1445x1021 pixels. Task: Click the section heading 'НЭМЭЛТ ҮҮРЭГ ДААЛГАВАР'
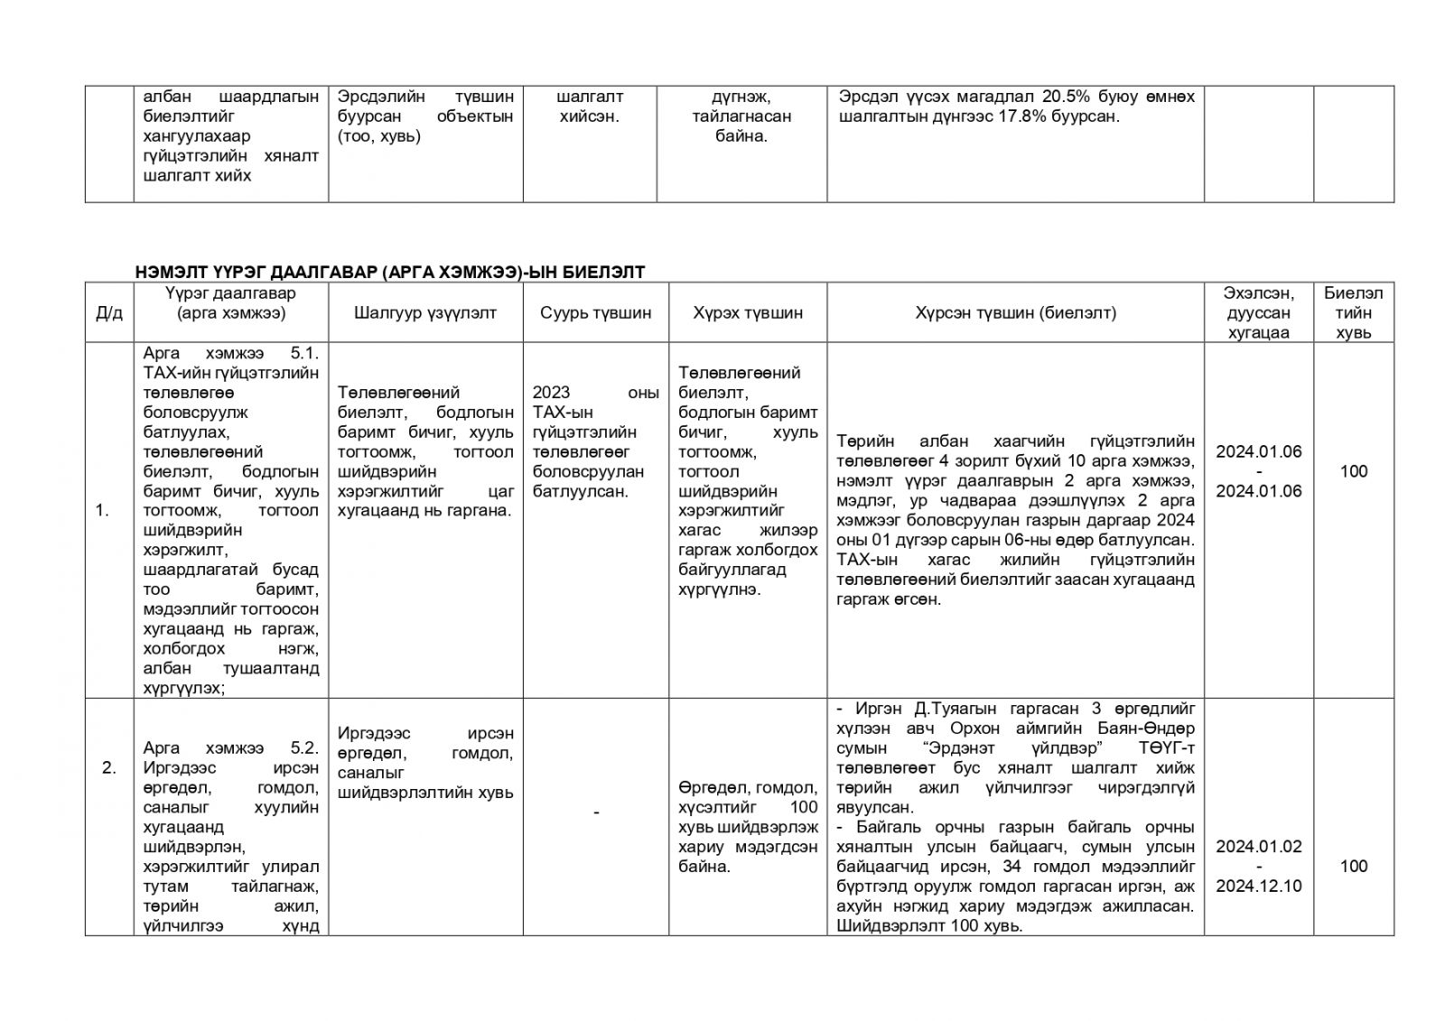tap(390, 272)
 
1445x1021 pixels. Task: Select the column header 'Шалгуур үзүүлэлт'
tap(425, 313)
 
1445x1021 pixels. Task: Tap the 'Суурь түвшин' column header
tap(595, 313)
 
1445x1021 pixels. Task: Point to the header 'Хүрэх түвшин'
tap(748, 313)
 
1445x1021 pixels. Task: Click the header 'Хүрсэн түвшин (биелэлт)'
tap(1015, 313)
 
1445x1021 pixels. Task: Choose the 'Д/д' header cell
tap(108, 313)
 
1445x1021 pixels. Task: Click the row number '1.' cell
tap(102, 511)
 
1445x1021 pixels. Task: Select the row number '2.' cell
tap(108, 768)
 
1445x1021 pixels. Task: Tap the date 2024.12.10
tap(1258, 886)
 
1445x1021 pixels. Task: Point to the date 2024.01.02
tap(1258, 846)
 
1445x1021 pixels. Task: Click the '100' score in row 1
tap(1353, 471)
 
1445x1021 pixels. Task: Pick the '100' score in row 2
tap(1353, 866)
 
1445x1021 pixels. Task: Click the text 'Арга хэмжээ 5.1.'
tap(230, 353)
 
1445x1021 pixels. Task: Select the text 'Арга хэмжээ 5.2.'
tap(230, 748)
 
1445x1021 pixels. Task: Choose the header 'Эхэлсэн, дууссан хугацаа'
tap(1258, 313)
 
